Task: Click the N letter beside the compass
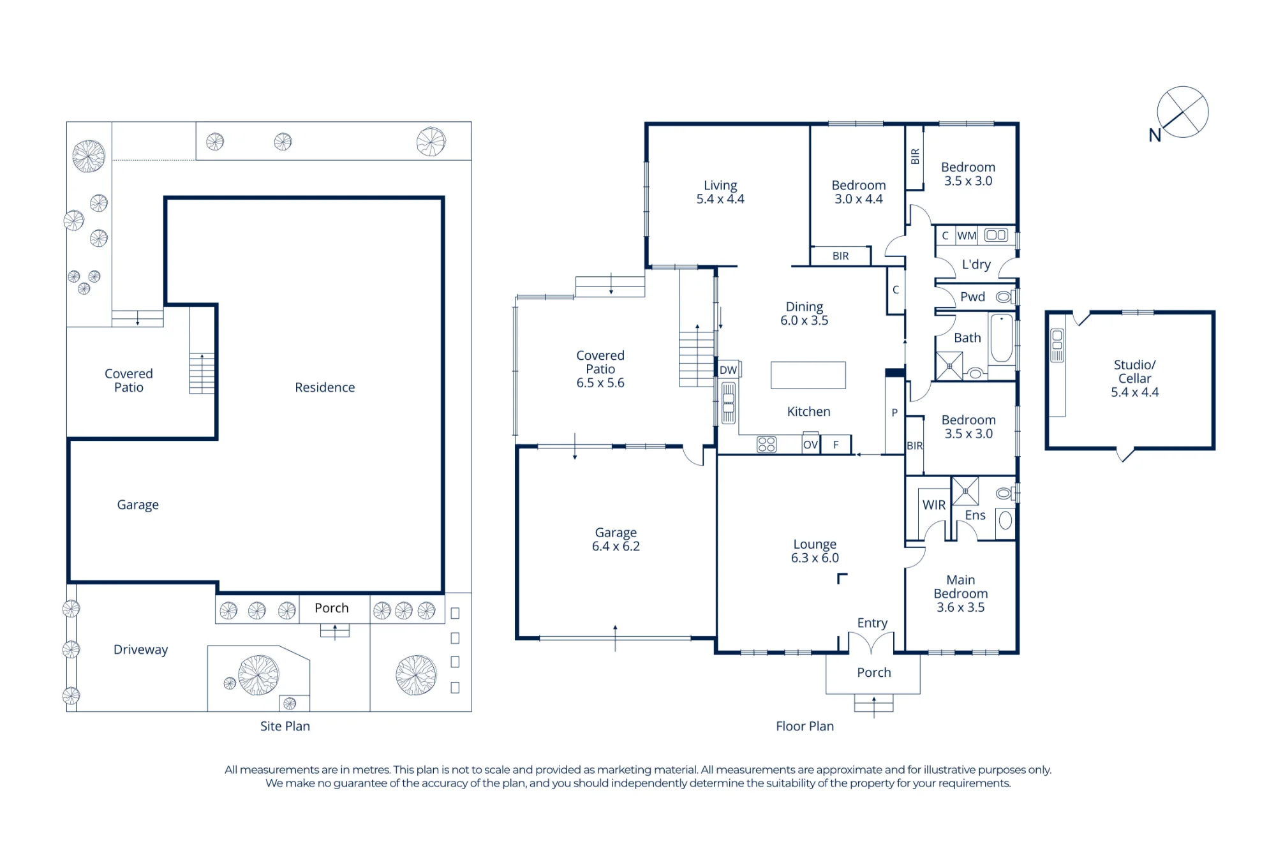pos(1155,135)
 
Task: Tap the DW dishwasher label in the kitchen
pos(728,370)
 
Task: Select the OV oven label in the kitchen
pos(810,445)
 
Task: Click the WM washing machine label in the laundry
pos(967,236)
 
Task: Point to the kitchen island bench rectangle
pos(808,375)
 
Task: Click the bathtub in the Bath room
pos(1002,339)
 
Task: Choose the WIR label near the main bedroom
pos(934,505)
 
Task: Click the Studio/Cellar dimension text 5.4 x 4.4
pos(1134,392)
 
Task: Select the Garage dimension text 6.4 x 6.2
pos(616,546)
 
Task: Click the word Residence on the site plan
pos(325,387)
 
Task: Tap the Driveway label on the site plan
pos(140,649)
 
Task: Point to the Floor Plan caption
pos(805,726)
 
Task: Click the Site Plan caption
pos(285,726)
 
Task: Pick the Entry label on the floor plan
pos(872,623)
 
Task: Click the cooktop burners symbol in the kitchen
pos(766,444)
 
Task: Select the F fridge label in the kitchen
pos(836,445)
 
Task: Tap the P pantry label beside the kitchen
pos(894,413)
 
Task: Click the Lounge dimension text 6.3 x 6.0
pos(815,558)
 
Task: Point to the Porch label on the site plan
pos(331,608)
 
